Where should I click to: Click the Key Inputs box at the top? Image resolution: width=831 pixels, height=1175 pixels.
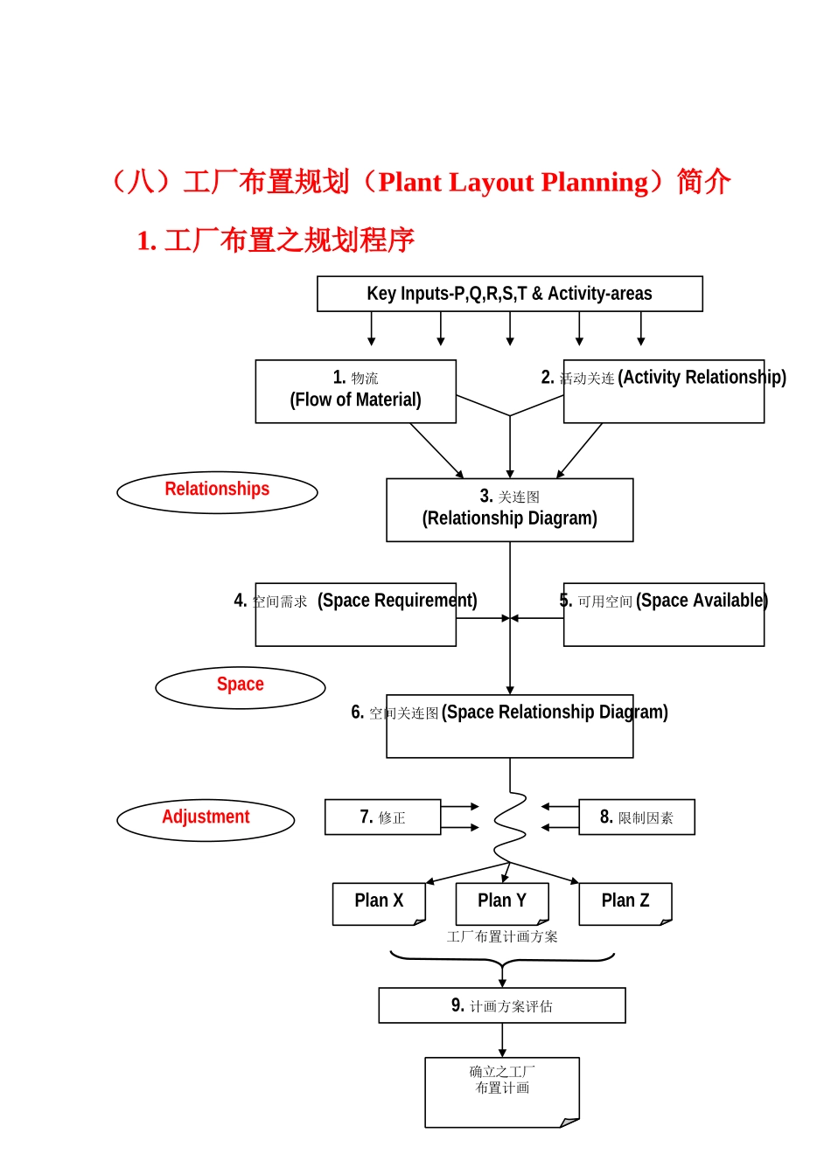click(x=509, y=294)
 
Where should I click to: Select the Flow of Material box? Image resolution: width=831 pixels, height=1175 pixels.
click(x=355, y=392)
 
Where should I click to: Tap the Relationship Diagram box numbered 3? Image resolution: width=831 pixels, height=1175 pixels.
click(x=509, y=510)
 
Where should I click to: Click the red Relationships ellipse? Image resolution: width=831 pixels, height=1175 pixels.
click(x=217, y=492)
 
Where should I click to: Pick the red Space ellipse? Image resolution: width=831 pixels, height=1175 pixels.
click(x=240, y=687)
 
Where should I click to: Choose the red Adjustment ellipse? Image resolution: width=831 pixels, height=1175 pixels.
click(x=206, y=820)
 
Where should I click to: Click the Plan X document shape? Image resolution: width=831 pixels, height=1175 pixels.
click(x=379, y=903)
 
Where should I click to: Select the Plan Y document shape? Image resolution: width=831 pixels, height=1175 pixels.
click(x=502, y=903)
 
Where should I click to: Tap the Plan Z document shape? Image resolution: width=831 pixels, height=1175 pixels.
click(x=625, y=903)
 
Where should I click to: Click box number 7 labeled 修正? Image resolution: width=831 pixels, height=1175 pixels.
click(x=382, y=817)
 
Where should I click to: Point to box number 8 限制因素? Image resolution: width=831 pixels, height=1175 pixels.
click(x=636, y=817)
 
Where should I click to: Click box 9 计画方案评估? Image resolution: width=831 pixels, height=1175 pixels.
click(x=501, y=1005)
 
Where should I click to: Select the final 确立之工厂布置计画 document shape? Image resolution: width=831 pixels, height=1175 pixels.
click(x=501, y=1092)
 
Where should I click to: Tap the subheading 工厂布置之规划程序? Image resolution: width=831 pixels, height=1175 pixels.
click(x=289, y=240)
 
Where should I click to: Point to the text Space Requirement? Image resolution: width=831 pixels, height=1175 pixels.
click(x=397, y=601)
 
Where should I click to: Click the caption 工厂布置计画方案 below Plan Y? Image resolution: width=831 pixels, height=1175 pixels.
click(x=501, y=937)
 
